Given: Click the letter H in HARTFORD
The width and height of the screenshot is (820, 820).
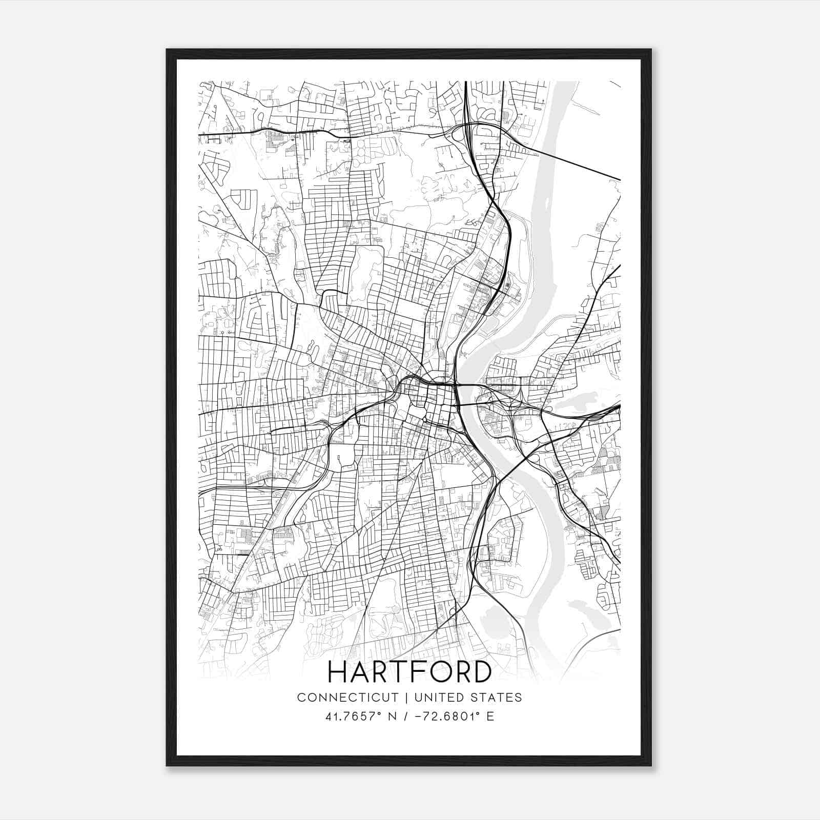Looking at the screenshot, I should [338, 672].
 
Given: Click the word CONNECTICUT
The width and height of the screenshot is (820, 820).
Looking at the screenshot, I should [347, 698].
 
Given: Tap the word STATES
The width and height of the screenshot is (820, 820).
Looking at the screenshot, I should [495, 698].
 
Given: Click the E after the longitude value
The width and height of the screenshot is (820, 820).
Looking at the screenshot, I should [490, 716].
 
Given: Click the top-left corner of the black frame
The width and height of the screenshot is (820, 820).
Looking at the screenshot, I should [167, 50].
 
